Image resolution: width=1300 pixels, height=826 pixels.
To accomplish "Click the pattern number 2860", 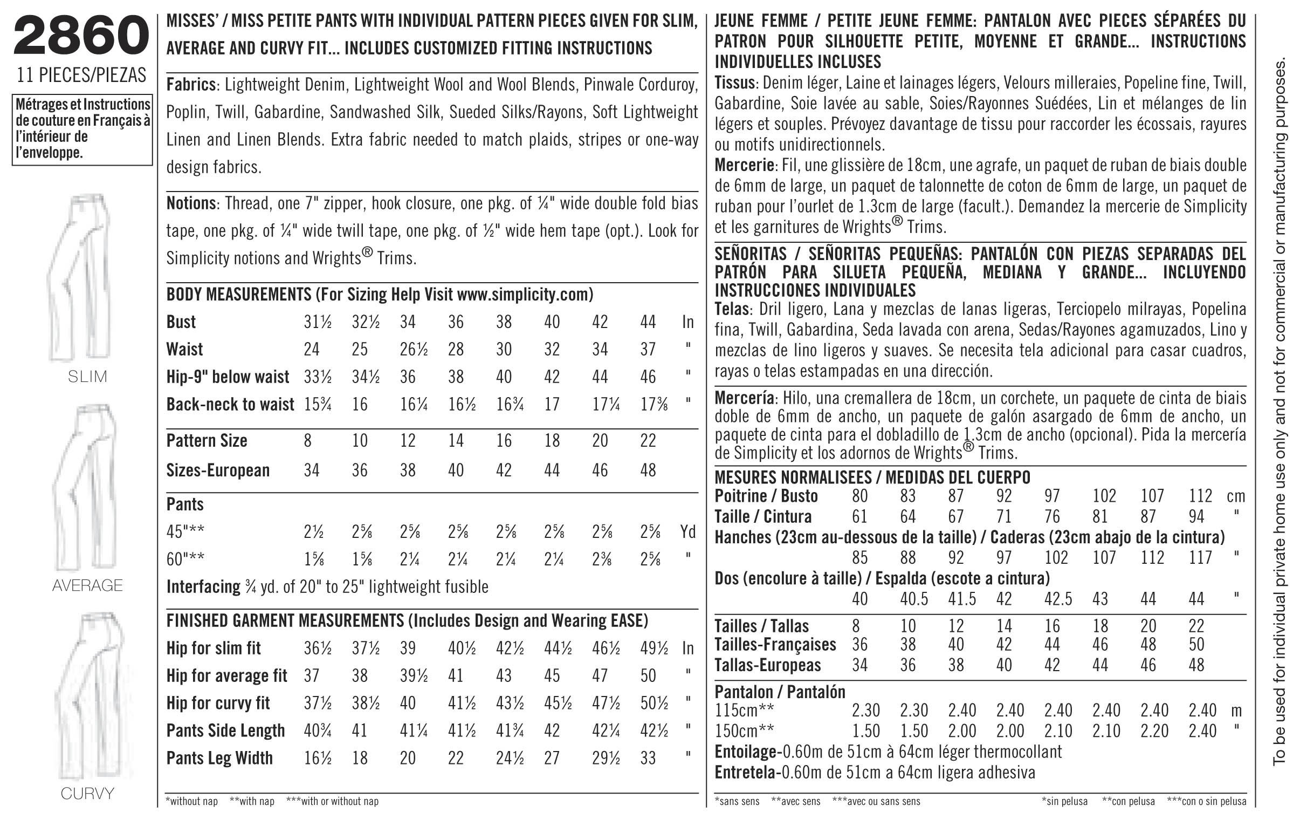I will [x=81, y=36].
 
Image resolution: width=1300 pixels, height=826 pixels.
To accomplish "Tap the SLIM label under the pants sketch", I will [x=87, y=377].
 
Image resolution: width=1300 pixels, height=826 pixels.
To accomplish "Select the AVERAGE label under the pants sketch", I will [x=87, y=585].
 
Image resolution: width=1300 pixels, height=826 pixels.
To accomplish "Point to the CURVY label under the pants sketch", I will [x=87, y=794].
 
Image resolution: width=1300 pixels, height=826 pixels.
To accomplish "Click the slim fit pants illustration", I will [x=81, y=276].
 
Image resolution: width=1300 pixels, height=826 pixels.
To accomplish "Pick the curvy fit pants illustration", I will [x=89, y=697].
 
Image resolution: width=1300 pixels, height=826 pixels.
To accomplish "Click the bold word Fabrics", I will [x=190, y=85].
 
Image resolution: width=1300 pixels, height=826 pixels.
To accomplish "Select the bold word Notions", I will [x=190, y=203].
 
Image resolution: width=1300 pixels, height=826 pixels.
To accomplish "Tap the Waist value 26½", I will [x=414, y=350].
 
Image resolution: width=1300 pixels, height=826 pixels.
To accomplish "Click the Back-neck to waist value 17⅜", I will [x=654, y=404].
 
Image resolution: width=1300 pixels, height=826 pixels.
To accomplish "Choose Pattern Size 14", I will [x=456, y=441].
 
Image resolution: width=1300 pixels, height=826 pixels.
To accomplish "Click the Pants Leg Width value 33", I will [x=648, y=758].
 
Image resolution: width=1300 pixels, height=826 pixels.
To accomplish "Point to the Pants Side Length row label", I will [x=225, y=731].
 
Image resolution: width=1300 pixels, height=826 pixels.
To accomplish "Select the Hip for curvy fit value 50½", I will [x=654, y=703].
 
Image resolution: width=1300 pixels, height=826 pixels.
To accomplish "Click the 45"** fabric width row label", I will [x=185, y=532].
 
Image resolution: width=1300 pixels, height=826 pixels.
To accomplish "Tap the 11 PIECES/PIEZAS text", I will [x=81, y=75].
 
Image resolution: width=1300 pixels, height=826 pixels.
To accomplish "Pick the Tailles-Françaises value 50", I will [x=1196, y=645].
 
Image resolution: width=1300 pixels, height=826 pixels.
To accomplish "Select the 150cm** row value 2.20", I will [x=1154, y=731].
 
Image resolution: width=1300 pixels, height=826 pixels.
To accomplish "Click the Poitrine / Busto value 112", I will [x=1200, y=496].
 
